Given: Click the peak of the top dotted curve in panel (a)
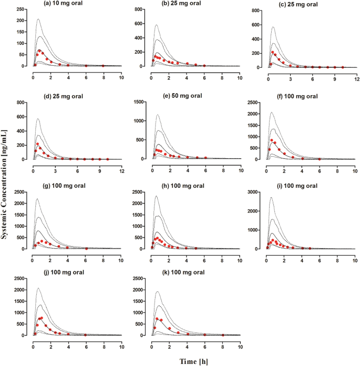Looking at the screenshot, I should pos(38,19).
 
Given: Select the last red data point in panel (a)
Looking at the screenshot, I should pos(103,66).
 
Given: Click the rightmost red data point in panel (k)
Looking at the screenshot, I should pos(222,334).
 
